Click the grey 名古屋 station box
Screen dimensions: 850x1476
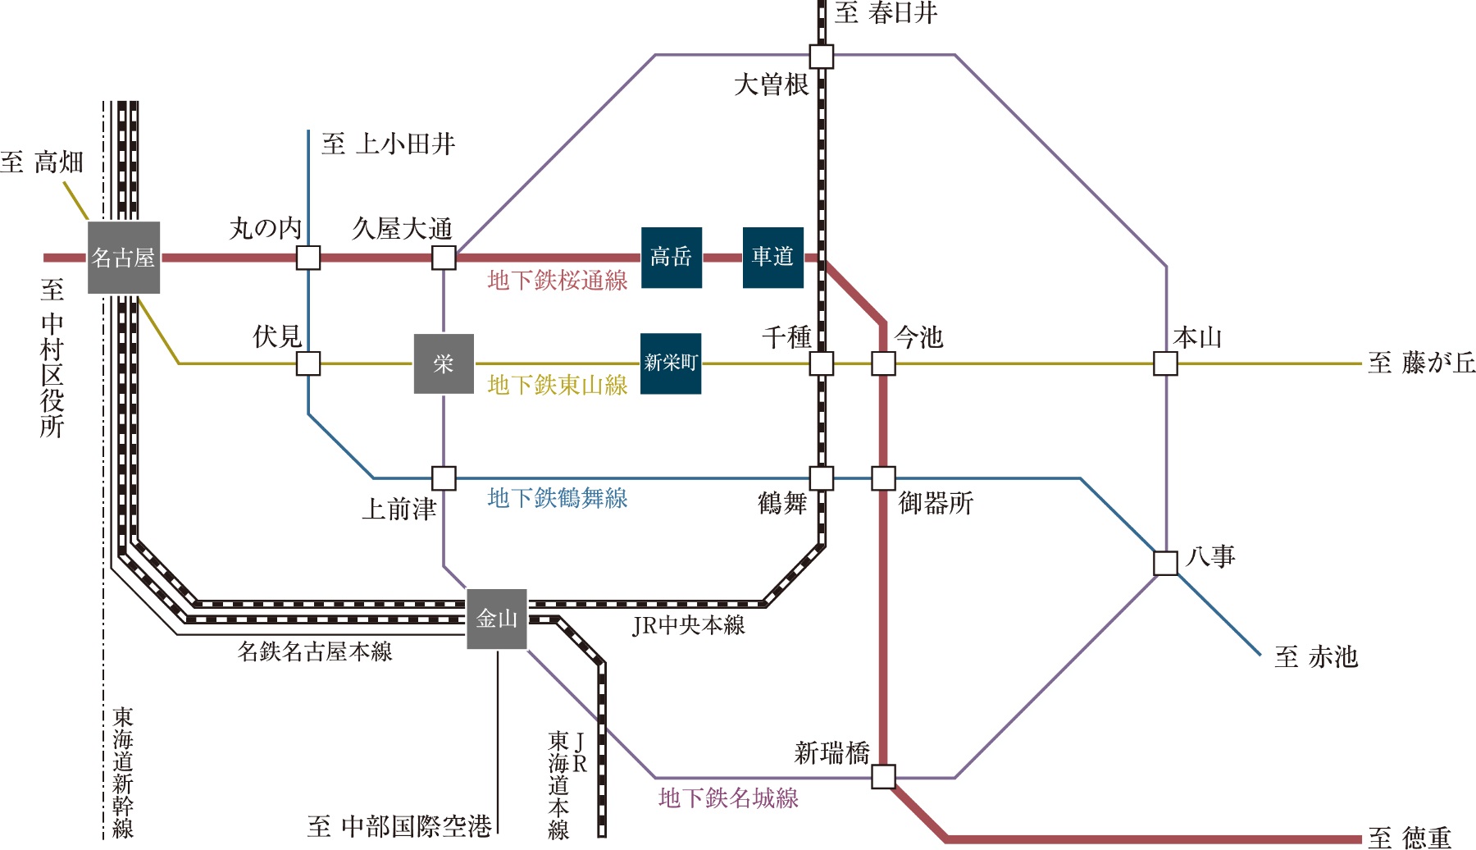pos(123,258)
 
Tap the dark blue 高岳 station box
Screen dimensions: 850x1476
pos(671,258)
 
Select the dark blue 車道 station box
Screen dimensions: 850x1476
pos(772,258)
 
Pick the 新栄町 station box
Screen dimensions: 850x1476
pos(671,363)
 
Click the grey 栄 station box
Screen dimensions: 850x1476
pos(444,363)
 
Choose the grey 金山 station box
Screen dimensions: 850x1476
pos(497,619)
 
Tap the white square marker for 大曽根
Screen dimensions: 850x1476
pos(822,57)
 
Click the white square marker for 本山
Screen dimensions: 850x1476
pos(1165,363)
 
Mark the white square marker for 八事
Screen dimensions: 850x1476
pos(1165,564)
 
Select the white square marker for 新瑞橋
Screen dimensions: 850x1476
pos(883,776)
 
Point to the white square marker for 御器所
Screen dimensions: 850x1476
pos(883,478)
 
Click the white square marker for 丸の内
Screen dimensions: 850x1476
pos(308,258)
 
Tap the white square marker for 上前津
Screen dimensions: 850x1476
pos(444,478)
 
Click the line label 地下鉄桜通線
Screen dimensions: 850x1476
pos(558,281)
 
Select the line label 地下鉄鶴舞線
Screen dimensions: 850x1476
pos(558,498)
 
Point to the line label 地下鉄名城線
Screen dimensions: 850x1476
pos(728,798)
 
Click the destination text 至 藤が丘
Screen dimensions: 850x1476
pos(1421,363)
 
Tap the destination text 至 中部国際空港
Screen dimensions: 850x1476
pos(399,826)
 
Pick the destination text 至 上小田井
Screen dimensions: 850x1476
pos(388,144)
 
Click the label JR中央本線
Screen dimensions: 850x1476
pos(689,626)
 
